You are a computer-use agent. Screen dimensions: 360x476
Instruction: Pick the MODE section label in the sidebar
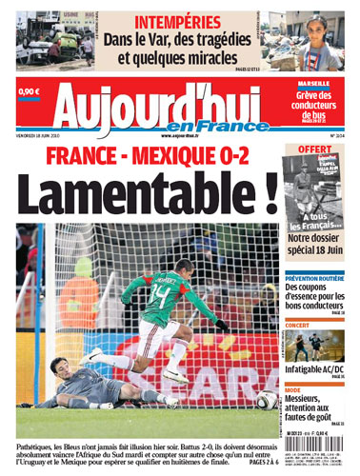pos(294,389)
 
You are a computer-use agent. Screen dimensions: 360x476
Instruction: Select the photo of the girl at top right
pos(323,41)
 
